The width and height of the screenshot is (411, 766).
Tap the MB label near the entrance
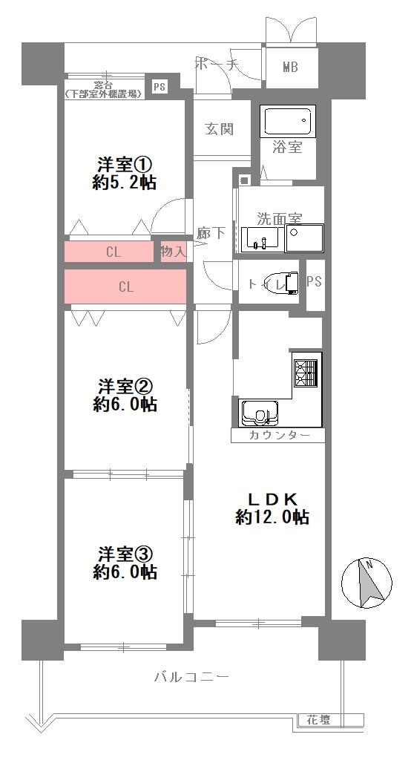pos(290,68)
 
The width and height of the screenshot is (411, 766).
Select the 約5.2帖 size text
pos(125,183)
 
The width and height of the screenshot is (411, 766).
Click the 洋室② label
pos(125,387)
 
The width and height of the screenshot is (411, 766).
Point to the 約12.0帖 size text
pos(272,517)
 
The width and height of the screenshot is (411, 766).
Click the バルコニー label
pos(191,677)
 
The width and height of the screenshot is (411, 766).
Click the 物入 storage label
pos(173,252)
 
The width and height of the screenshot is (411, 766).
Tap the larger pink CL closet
pos(125,287)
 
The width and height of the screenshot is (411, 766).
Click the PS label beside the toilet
pos(315,284)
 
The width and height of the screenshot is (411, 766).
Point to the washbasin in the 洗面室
pos(260,239)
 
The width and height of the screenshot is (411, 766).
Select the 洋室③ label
pos(125,554)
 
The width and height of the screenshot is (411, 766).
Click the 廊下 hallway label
pos(211,233)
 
